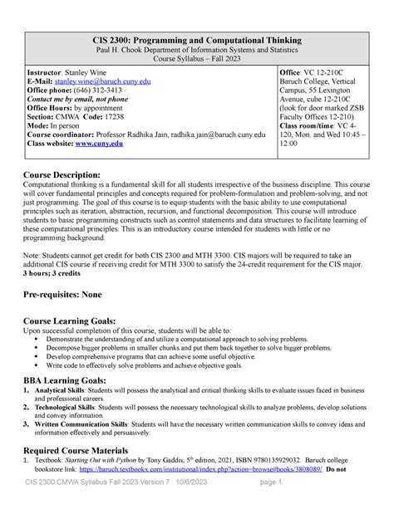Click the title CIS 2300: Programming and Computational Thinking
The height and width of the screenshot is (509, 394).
[x=197, y=40]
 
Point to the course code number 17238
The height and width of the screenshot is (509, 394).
[x=131, y=117]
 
